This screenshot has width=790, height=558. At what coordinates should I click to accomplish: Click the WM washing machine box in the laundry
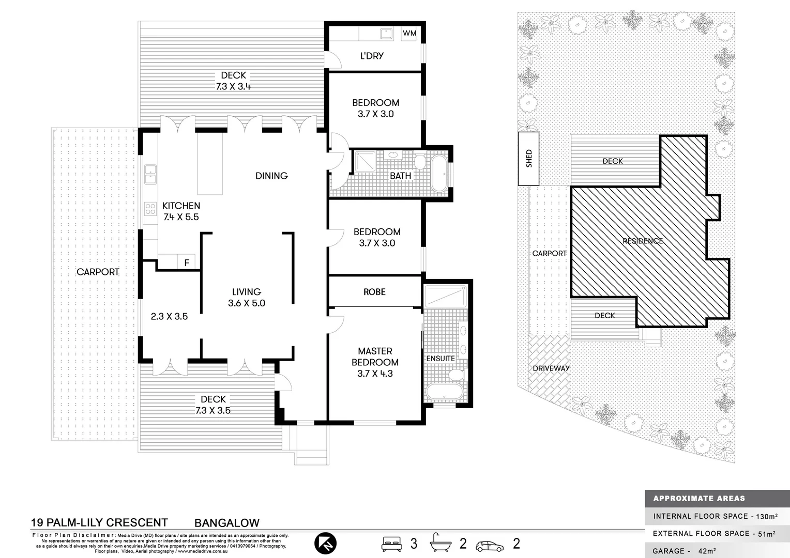click(409, 33)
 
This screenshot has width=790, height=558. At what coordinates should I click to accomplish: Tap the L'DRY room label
click(372, 56)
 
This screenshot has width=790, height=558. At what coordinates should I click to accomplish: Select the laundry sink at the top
click(386, 33)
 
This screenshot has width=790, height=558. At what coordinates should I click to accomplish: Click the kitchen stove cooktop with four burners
click(150, 209)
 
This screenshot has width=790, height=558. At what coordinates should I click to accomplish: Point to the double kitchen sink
click(150, 174)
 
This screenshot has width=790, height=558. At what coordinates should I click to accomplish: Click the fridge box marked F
click(186, 262)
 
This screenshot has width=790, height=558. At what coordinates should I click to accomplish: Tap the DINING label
click(271, 176)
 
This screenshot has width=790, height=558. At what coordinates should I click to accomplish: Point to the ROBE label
click(374, 292)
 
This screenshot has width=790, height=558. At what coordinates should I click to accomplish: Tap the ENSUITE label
click(440, 358)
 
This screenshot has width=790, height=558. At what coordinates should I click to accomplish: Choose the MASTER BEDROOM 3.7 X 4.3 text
click(375, 362)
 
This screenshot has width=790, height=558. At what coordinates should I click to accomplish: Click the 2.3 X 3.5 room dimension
click(169, 316)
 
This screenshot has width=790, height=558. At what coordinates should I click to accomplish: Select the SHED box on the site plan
click(528, 159)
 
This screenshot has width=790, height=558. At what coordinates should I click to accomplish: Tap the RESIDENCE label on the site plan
click(642, 241)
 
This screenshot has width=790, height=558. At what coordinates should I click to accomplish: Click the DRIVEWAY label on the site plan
click(551, 368)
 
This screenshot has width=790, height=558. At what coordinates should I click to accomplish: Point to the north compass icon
click(325, 543)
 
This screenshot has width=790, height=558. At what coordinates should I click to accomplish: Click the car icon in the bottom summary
click(490, 546)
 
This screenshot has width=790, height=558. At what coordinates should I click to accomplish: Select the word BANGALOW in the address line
click(226, 523)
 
